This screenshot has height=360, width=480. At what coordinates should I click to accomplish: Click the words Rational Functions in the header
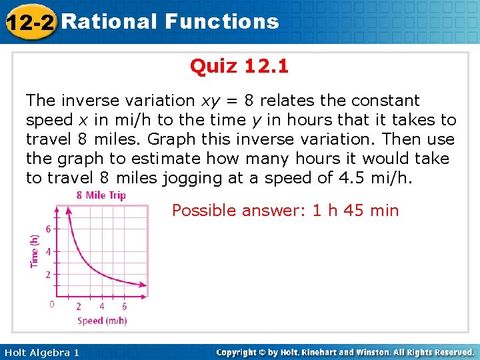coord(169,21)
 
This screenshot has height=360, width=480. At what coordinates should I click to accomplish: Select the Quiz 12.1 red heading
coord(239,67)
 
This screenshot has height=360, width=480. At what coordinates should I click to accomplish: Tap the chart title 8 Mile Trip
coord(101,195)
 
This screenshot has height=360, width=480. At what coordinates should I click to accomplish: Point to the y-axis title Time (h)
coord(35,251)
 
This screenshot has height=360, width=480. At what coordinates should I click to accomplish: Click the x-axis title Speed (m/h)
coord(102,321)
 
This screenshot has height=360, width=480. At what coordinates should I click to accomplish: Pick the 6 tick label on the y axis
coord(47,229)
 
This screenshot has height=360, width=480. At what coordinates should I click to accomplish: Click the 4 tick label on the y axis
coord(47,251)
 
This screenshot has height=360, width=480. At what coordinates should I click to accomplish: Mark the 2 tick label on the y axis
coord(47,274)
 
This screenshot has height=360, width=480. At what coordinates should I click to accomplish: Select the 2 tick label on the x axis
coord(79,307)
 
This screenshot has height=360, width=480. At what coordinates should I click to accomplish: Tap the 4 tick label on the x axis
coord(101,307)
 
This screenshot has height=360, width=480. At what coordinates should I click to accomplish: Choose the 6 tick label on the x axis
coord(124,307)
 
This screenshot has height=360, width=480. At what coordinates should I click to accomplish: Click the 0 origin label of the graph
coord(52,305)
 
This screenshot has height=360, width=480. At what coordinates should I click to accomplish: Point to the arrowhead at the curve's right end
coord(144,285)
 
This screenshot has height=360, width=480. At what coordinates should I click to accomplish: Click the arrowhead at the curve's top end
coord(67,210)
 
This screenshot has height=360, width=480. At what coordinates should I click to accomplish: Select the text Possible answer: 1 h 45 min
coord(285,211)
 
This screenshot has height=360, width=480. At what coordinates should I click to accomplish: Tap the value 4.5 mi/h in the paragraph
coord(379,178)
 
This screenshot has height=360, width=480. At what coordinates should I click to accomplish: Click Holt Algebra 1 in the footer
coord(41,352)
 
